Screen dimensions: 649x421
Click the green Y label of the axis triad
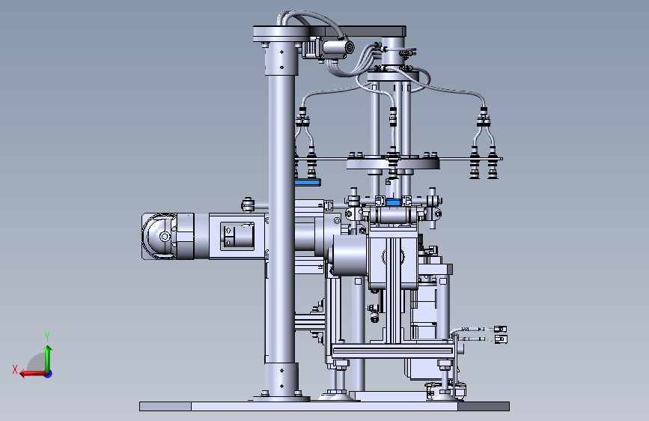(x=47, y=336)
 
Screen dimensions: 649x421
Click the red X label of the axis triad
(x=15, y=369)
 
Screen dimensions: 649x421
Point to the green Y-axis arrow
(x=48, y=359)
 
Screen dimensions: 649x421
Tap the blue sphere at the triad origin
(x=49, y=374)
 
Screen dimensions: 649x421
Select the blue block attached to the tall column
(x=308, y=182)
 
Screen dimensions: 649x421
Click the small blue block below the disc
(x=393, y=202)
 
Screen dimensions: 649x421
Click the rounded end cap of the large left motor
(x=159, y=237)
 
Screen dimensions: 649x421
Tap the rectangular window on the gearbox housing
(x=237, y=236)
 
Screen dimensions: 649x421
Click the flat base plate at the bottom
(x=325, y=406)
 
